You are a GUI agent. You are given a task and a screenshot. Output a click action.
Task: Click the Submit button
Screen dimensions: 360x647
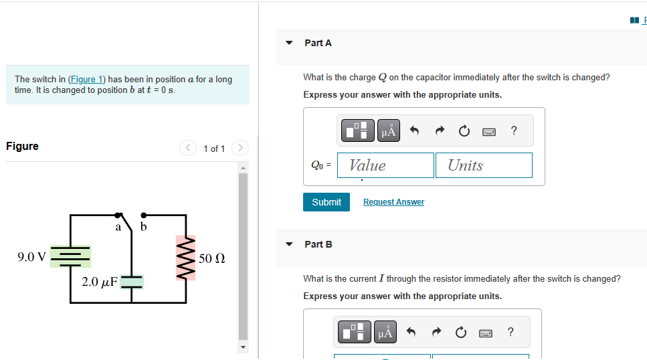coord(326,202)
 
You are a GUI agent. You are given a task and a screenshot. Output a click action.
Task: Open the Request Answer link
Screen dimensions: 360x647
coord(393,202)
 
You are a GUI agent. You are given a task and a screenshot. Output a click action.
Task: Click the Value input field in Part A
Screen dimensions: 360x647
coord(385,165)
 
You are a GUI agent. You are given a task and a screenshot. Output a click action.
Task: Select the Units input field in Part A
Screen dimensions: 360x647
coord(484,165)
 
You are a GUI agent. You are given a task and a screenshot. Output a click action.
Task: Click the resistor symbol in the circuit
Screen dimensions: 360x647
coord(185,258)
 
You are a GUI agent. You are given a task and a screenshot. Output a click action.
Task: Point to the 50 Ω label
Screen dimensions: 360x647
coord(211,258)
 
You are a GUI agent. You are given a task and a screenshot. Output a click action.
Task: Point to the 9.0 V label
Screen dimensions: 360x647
coord(32,257)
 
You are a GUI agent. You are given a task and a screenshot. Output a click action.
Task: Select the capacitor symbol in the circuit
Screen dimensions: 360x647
coord(132,282)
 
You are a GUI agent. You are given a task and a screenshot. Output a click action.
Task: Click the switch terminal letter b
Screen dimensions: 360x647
coord(143,228)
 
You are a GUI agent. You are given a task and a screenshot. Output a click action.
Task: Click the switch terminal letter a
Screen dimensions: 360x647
coord(118,228)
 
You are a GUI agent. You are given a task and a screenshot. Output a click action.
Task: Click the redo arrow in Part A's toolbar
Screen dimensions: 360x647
coord(440,131)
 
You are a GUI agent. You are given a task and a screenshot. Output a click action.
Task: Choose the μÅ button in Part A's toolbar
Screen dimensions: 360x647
coord(388,131)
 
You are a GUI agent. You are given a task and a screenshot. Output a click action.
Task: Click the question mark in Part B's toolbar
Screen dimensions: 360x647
coord(511,332)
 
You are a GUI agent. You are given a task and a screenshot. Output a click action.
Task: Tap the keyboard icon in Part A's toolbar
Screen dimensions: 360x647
coord(489,132)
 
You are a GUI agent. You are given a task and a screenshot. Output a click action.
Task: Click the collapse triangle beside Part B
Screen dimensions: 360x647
coord(289,244)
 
